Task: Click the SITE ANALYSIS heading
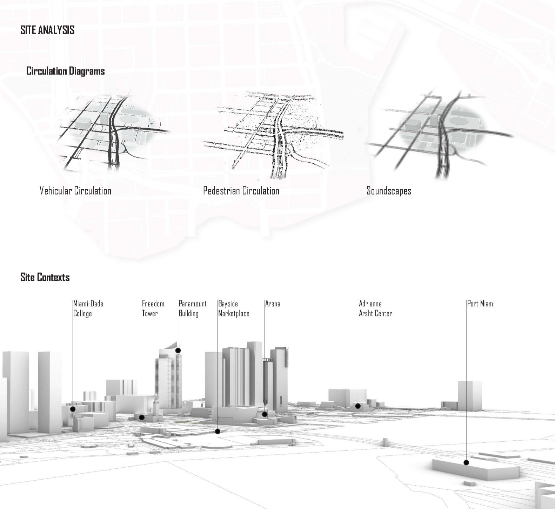click(47, 30)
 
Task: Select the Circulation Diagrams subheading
click(66, 71)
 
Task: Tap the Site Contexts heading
click(45, 277)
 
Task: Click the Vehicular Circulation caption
click(75, 191)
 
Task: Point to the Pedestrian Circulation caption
click(241, 191)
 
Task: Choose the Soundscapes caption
click(389, 191)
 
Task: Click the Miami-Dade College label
click(88, 308)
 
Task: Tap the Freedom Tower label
click(153, 308)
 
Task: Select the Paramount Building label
click(193, 308)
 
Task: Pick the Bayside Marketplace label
click(234, 308)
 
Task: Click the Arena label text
click(273, 304)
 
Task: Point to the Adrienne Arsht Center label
click(375, 308)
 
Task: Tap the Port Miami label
click(481, 304)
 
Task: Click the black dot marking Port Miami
click(466, 463)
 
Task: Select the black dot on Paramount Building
click(178, 350)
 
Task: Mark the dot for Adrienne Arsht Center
click(358, 406)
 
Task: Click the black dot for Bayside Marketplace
click(218, 431)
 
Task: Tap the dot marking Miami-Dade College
click(73, 409)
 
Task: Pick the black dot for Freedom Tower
click(142, 418)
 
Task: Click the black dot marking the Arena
click(265, 414)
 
